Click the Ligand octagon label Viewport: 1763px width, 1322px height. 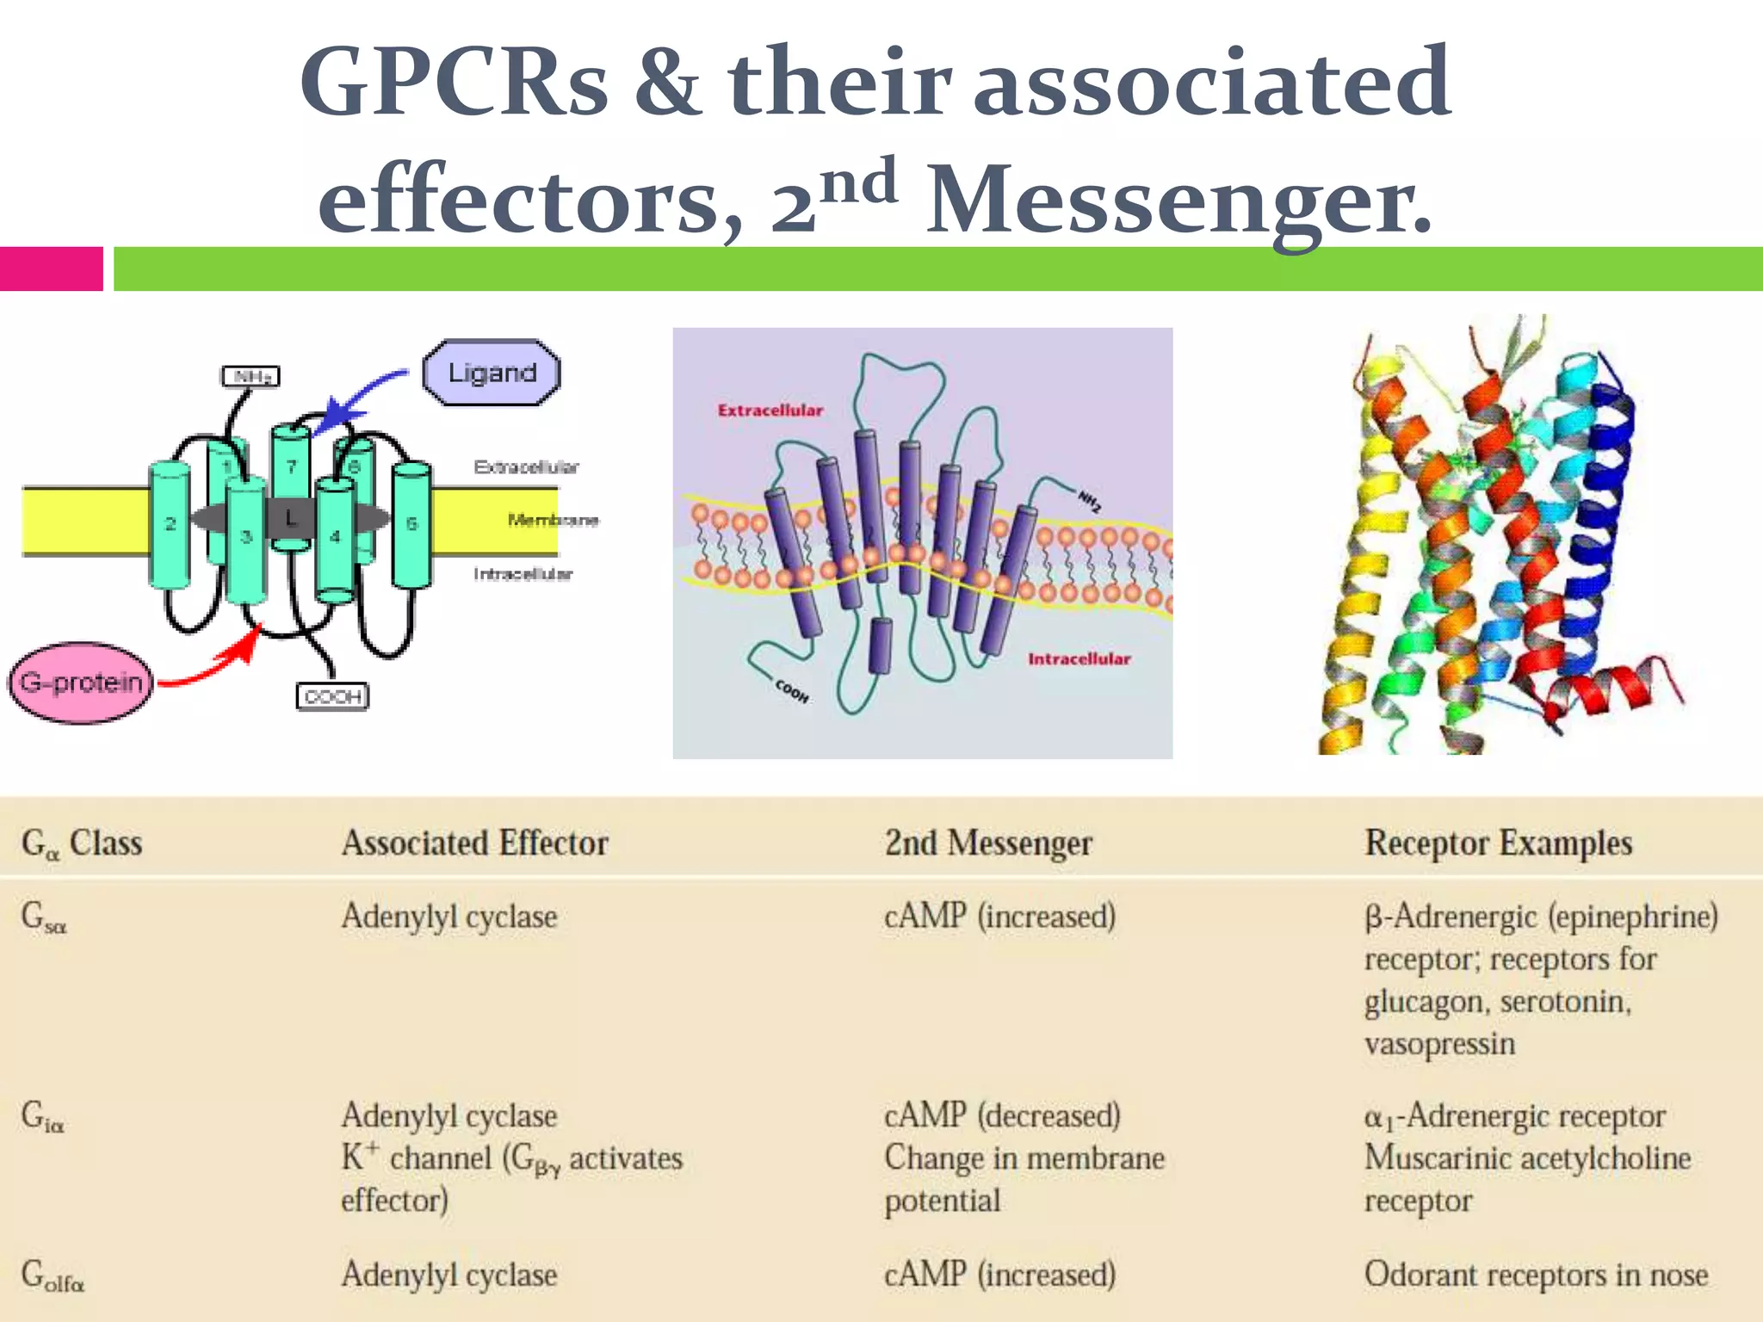(x=492, y=373)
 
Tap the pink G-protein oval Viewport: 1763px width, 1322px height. (x=81, y=683)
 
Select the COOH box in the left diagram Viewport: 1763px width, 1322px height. (x=332, y=696)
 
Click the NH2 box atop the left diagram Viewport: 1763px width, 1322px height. (x=251, y=376)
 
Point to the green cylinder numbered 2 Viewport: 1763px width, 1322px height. (x=170, y=525)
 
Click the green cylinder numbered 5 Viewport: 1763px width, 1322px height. (x=411, y=525)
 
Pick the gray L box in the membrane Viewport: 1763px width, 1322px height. (x=290, y=518)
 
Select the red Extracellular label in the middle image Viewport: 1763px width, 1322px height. (x=770, y=411)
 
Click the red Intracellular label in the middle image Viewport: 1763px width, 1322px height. (x=1079, y=659)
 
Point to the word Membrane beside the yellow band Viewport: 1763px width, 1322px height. (x=553, y=520)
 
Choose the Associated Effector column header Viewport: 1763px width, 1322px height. (x=474, y=843)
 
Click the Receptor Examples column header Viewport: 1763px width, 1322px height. (x=1498, y=843)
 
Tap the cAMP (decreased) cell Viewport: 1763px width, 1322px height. (x=1002, y=1115)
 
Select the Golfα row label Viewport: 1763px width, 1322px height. (x=53, y=1276)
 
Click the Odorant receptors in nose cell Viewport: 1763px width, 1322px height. (x=1536, y=1275)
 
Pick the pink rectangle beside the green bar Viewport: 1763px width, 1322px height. (x=52, y=269)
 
